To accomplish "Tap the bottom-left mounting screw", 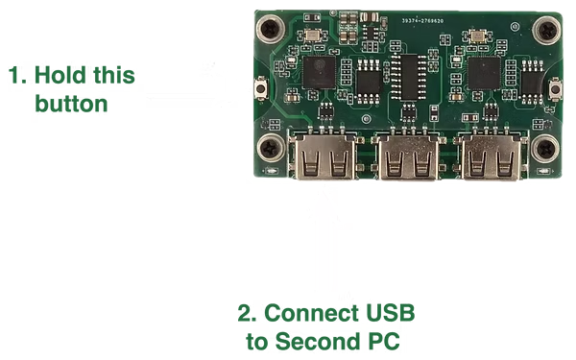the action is [270, 149].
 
